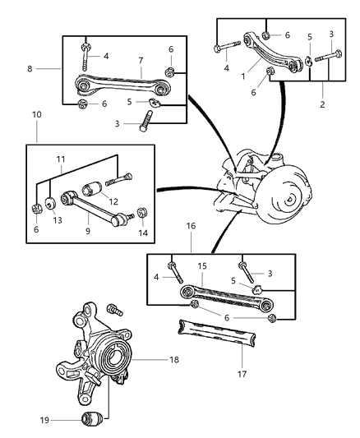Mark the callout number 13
click(57, 221)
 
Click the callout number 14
click(142, 233)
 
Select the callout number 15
click(203, 267)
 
